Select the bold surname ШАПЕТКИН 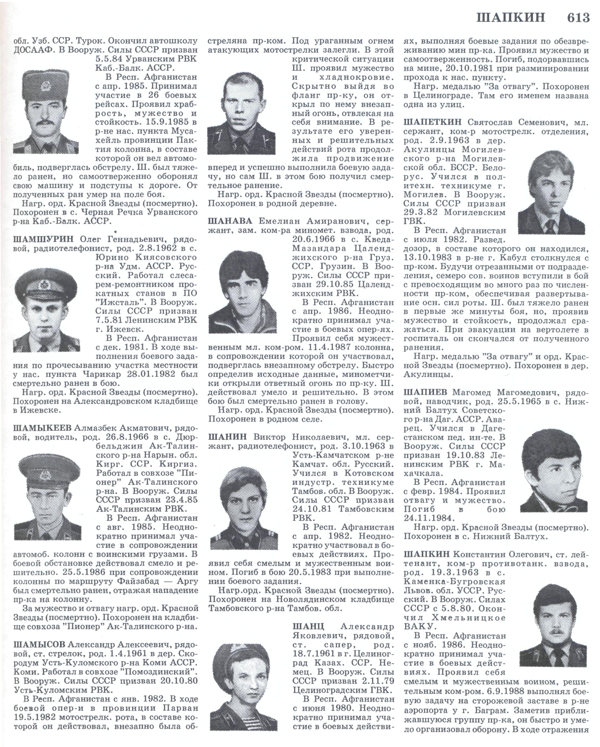pyautogui.click(x=433, y=122)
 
